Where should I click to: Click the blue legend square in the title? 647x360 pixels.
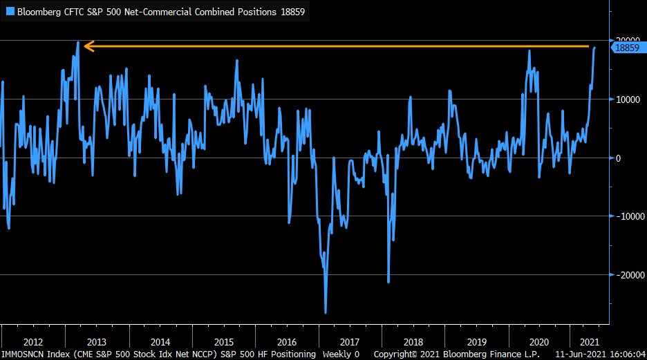pyautogui.click(x=10, y=11)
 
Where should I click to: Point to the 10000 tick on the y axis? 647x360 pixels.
pyautogui.click(x=628, y=100)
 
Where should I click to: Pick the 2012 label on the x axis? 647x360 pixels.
pyautogui.click(x=34, y=341)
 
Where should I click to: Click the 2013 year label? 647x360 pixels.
pyautogui.click(x=97, y=341)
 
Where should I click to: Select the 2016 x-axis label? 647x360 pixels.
pyautogui.click(x=287, y=341)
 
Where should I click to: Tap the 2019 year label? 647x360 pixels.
pyautogui.click(x=477, y=341)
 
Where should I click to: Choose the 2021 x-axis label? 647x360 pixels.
pyautogui.click(x=589, y=341)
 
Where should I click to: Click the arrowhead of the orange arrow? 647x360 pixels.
pyautogui.click(x=88, y=47)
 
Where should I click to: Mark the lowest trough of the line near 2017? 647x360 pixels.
pyautogui.click(x=326, y=312)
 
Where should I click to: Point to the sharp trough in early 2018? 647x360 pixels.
pyautogui.click(x=388, y=282)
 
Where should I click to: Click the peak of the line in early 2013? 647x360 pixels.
pyautogui.click(x=77, y=43)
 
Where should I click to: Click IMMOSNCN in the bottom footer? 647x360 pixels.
pyautogui.click(x=22, y=354)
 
